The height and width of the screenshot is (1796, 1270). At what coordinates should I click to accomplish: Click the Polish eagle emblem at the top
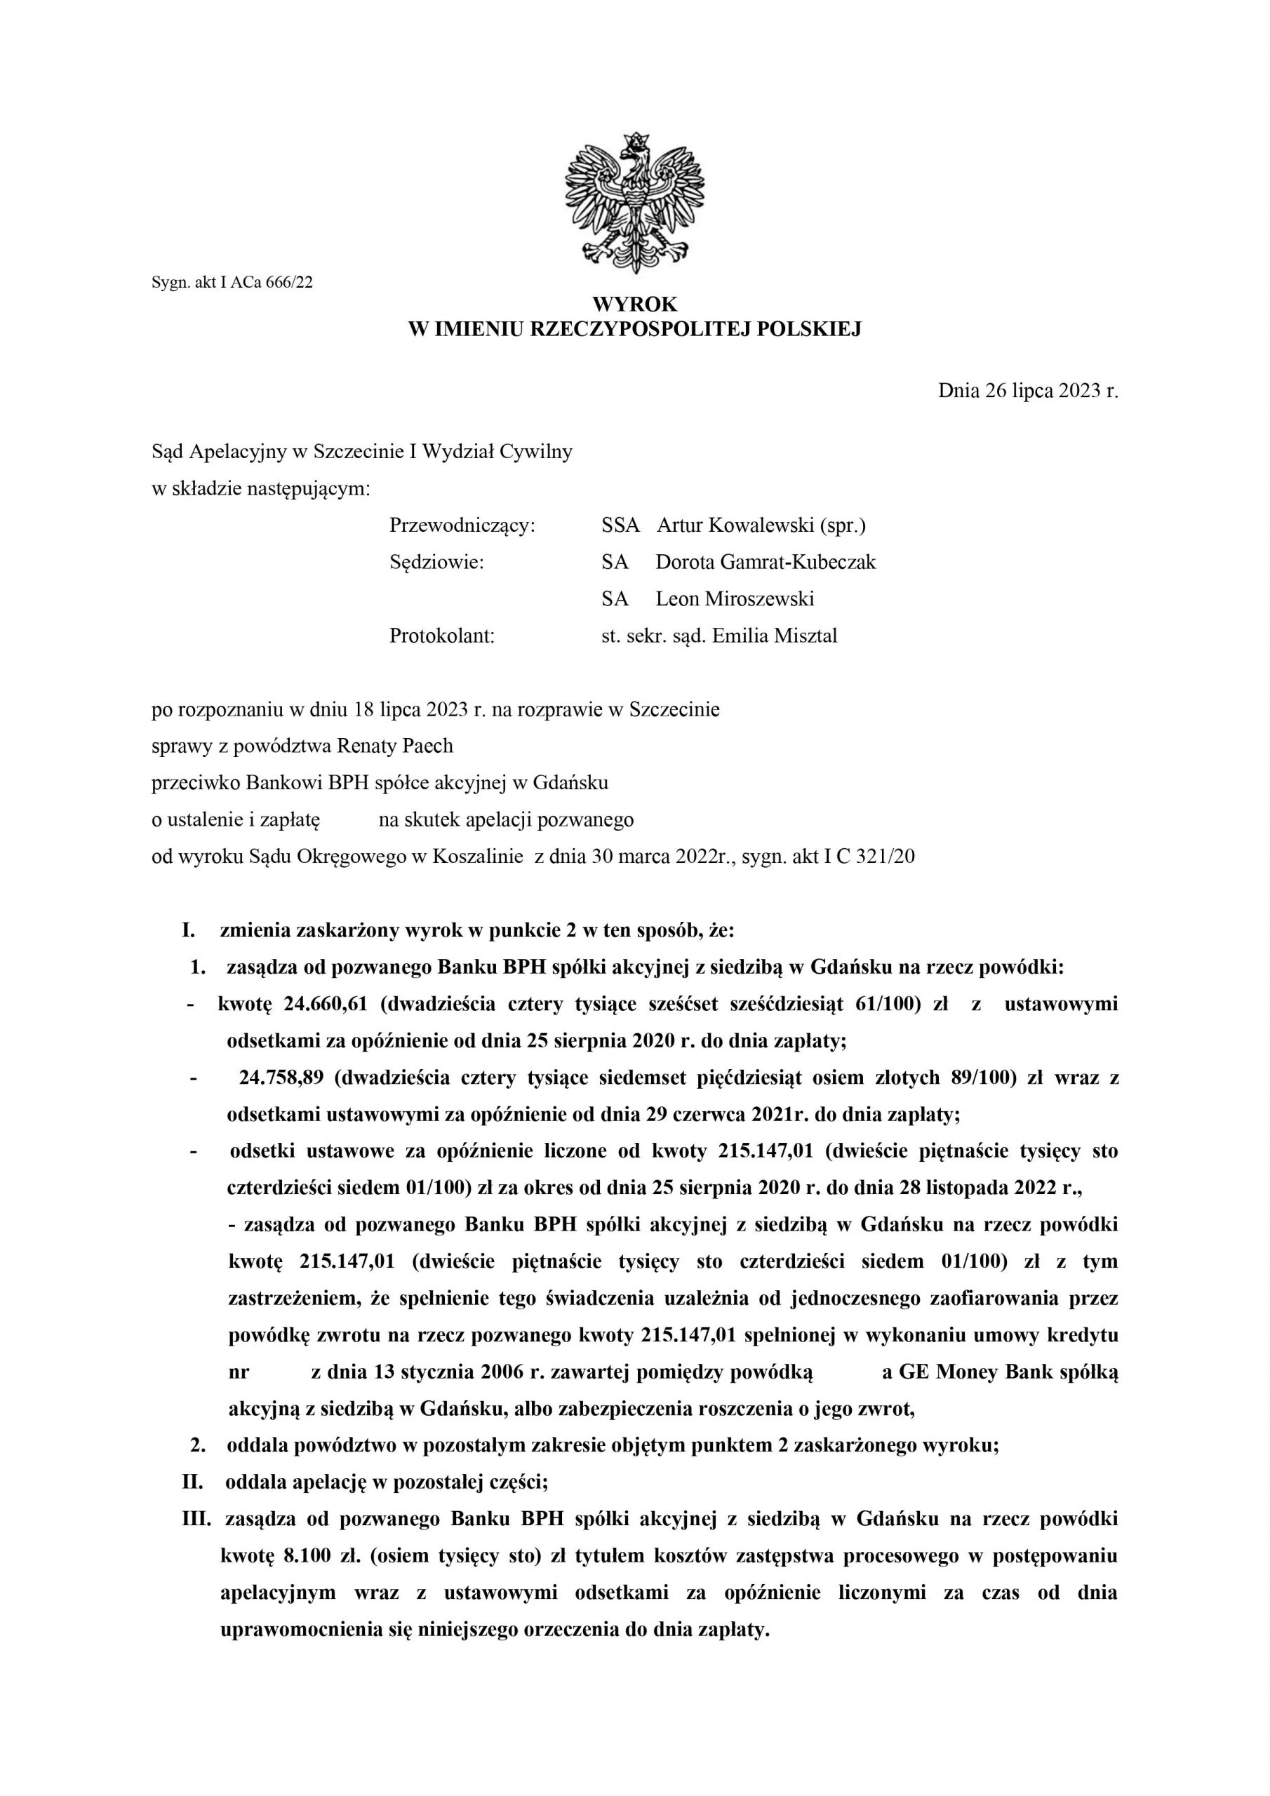pyautogui.click(x=634, y=203)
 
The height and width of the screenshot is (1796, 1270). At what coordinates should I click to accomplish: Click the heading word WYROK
pyautogui.click(x=634, y=304)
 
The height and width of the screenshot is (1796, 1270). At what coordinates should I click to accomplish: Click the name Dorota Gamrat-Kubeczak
pyautogui.click(x=766, y=563)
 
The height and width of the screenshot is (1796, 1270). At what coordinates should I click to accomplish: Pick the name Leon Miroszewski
pyautogui.click(x=734, y=599)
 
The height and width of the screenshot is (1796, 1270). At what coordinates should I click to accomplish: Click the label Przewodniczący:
pyautogui.click(x=462, y=525)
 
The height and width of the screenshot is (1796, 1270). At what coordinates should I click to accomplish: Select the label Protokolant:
pyautogui.click(x=442, y=636)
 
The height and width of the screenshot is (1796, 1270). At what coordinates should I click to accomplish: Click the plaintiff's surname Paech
pyautogui.click(x=427, y=746)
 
